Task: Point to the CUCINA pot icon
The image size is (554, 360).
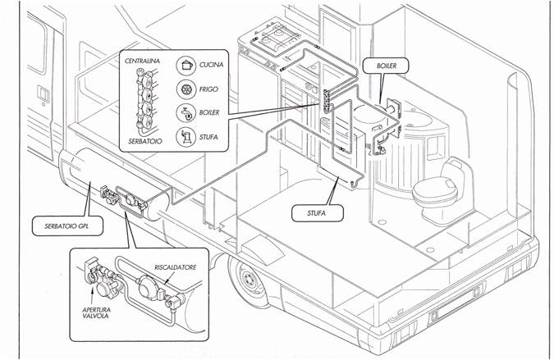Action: pyautogui.click(x=187, y=64)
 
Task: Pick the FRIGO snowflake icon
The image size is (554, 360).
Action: pyautogui.click(x=186, y=88)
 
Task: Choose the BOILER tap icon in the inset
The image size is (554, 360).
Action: pyautogui.click(x=186, y=112)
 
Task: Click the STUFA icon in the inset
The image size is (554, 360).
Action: pyautogui.click(x=186, y=136)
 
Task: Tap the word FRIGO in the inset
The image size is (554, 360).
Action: pyautogui.click(x=209, y=89)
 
